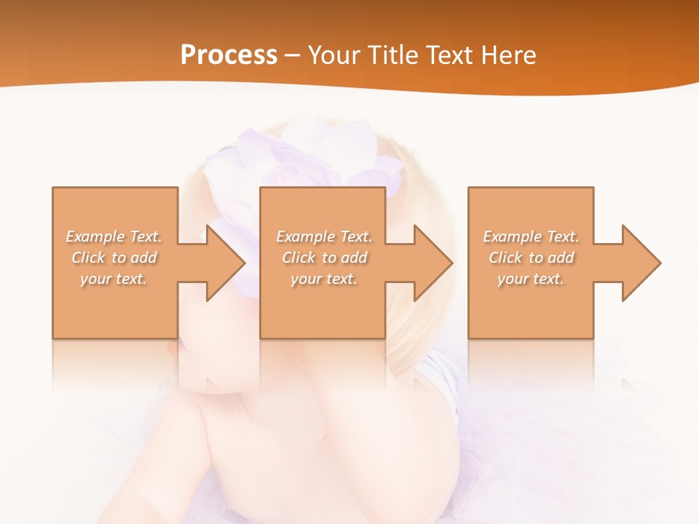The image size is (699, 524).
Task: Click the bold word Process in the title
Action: [229, 55]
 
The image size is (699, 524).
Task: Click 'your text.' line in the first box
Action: [114, 279]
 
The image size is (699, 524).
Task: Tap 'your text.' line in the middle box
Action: [323, 279]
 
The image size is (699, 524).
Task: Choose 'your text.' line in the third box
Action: [530, 279]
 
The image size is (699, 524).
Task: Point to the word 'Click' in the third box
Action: [506, 258]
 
